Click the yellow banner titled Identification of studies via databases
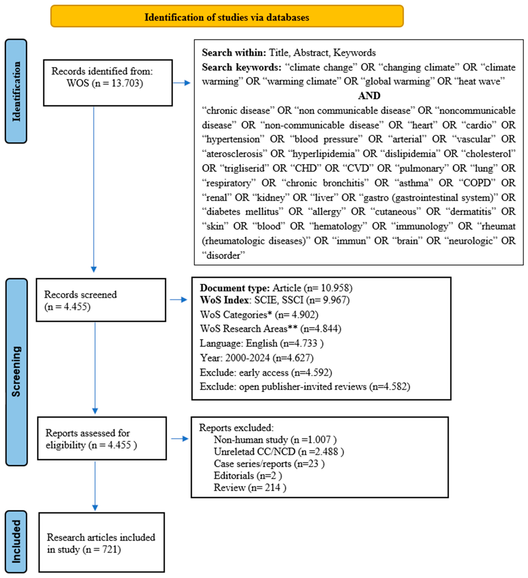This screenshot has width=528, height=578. [227, 16]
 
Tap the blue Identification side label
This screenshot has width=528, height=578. [16, 91]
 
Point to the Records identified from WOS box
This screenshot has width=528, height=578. [108, 83]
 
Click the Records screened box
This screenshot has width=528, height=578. [101, 300]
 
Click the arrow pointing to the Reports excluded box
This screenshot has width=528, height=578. [180, 439]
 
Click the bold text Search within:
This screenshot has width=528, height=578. [234, 53]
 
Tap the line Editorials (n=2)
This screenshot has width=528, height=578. [248, 476]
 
